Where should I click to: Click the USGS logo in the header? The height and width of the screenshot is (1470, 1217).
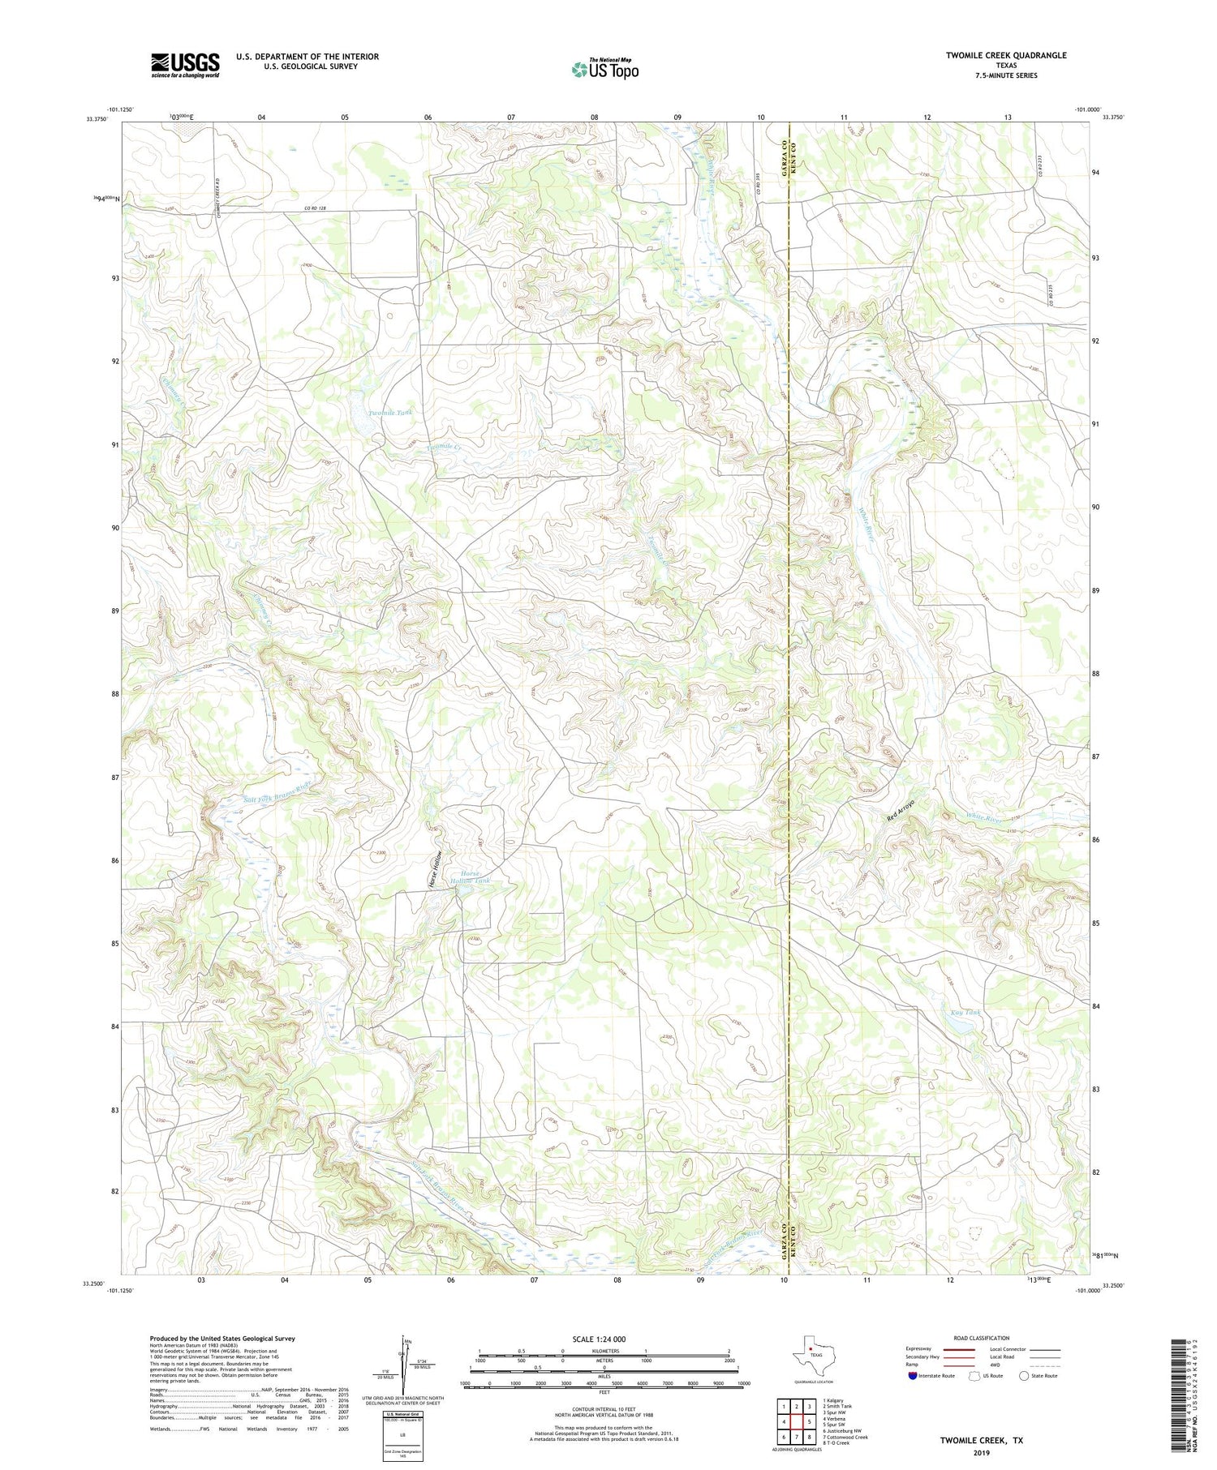coord(185,65)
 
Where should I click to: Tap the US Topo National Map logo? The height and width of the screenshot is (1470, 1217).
coord(604,69)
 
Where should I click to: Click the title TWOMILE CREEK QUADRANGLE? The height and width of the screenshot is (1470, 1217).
coord(1005,55)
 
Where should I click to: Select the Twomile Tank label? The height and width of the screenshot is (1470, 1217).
coord(390,413)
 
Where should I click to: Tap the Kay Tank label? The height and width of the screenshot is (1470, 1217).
coord(965,1013)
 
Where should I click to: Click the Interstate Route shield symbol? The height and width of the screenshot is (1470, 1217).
coord(912,1375)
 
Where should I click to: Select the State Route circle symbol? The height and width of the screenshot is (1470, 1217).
coord(1025,1375)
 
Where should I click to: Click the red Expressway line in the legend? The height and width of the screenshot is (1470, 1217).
coord(961,1350)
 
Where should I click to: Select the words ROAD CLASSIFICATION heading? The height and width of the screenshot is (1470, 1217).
coord(982,1338)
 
